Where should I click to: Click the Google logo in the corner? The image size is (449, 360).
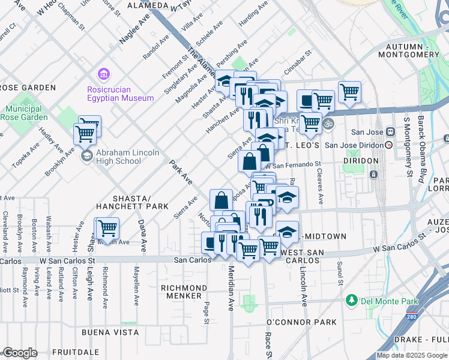pyautogui.click(x=20, y=353)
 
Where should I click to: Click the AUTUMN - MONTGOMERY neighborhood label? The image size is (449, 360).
pyautogui.click(x=413, y=50)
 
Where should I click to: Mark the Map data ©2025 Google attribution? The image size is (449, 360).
pyautogui.click(x=412, y=355)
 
